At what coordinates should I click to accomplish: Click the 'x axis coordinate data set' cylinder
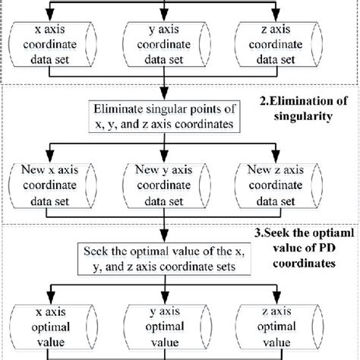(52, 44)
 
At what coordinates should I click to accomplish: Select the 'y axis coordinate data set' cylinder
(166, 44)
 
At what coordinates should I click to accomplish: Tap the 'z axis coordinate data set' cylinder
(279, 44)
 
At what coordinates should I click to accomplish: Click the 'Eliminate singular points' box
(164, 117)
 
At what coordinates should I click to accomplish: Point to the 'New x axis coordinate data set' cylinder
(52, 185)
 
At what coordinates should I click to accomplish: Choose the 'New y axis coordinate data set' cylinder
(166, 185)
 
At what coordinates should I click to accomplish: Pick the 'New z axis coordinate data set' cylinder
(279, 185)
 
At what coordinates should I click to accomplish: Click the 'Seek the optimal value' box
(164, 259)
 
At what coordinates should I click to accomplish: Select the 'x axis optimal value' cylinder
(54, 327)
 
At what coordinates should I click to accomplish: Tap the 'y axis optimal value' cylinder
(168, 327)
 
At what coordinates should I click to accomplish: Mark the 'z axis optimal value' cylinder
(279, 327)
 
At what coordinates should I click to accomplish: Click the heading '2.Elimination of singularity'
(303, 109)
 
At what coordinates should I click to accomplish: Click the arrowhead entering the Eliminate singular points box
(164, 94)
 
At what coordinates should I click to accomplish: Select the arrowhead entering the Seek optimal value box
(164, 236)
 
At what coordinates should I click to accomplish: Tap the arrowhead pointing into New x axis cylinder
(50, 156)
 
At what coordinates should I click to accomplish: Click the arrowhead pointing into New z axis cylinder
(276, 156)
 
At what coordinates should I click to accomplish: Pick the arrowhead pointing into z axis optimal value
(277, 298)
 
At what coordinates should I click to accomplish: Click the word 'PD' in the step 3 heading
(327, 248)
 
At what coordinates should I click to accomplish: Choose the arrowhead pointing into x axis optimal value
(52, 298)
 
